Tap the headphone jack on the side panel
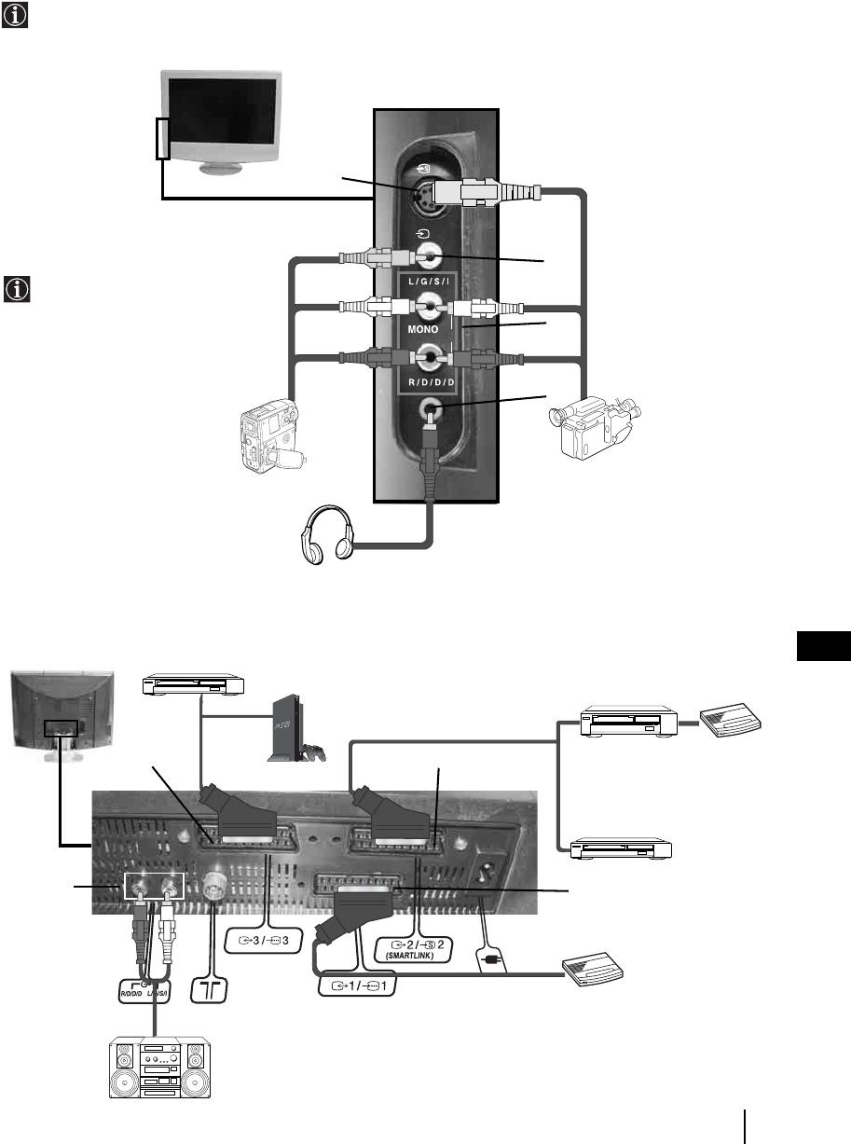pyautogui.click(x=430, y=408)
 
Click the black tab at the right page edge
pyautogui.click(x=825, y=646)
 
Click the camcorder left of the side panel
pyautogui.click(x=271, y=434)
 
